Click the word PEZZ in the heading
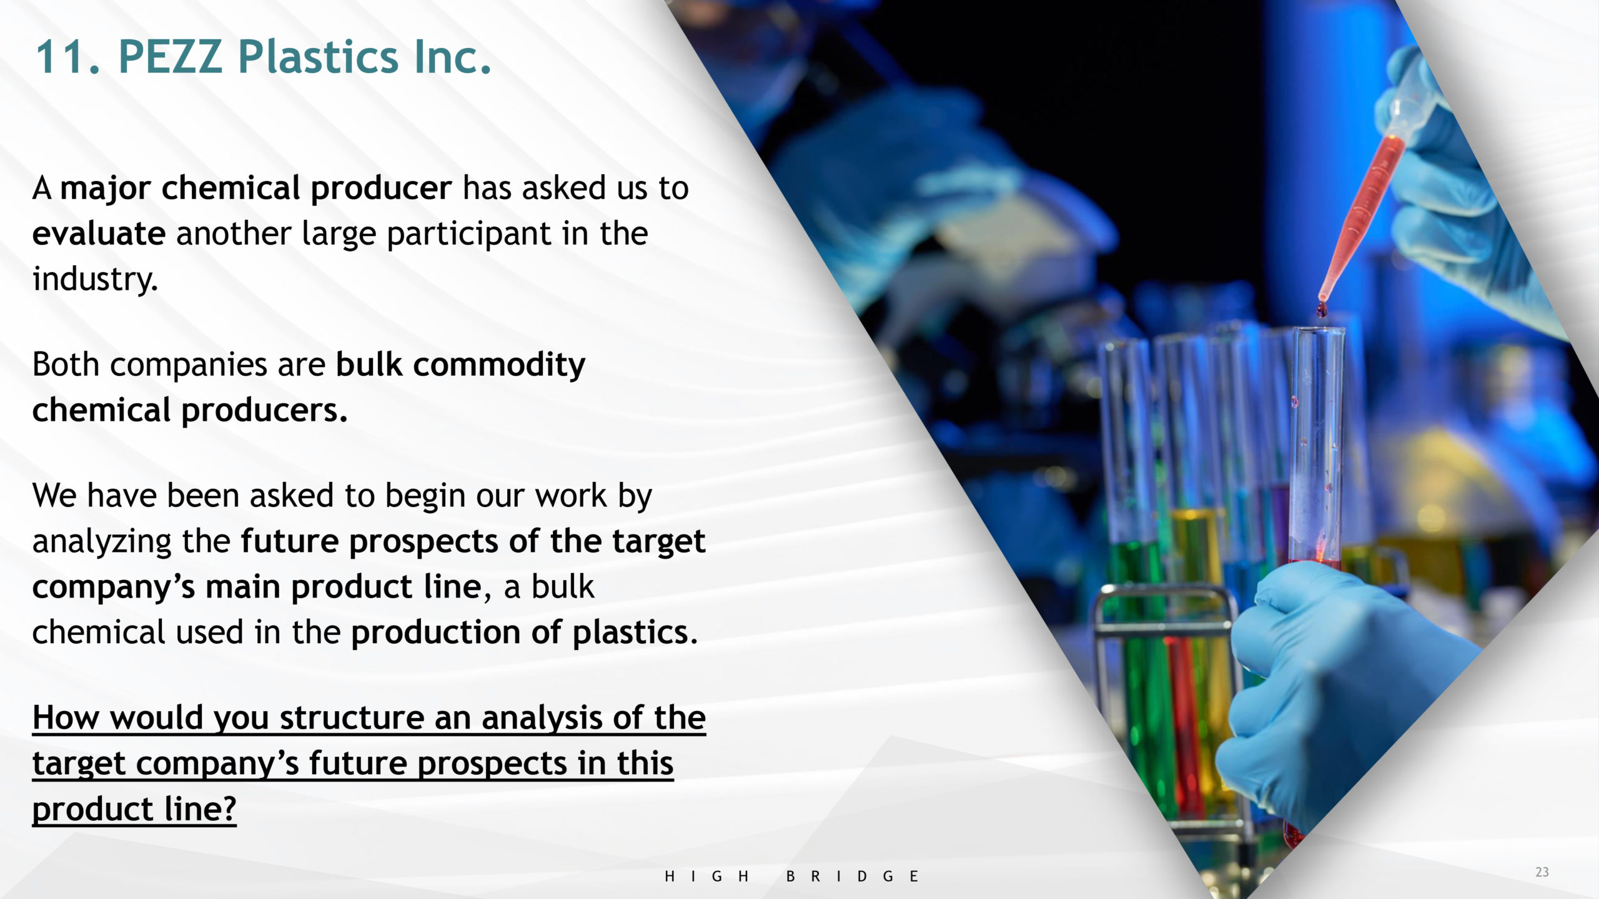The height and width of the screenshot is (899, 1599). [x=170, y=57]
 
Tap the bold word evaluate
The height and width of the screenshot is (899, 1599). [x=99, y=233]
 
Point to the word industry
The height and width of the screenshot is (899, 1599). [x=95, y=279]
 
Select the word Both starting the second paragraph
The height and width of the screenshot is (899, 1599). [x=66, y=364]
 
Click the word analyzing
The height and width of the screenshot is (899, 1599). [x=102, y=542]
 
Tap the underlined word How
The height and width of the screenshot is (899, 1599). [x=66, y=717]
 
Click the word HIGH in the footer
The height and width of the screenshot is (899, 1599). [x=706, y=877]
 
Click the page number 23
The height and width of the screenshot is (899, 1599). [x=1542, y=872]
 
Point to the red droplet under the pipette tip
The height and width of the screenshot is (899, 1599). [x=1322, y=309]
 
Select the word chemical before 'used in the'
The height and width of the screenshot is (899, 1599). [x=99, y=632]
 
